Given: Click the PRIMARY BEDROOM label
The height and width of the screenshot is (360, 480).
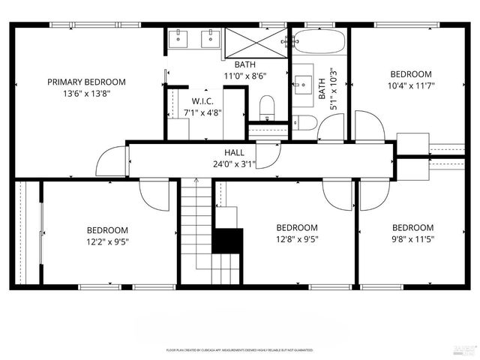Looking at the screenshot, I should point(86,82).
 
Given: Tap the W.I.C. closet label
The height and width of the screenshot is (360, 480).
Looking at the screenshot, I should point(204,101).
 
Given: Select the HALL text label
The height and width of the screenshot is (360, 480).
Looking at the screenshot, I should point(234,152).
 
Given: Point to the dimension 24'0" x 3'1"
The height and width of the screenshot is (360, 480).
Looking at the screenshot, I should point(234,163).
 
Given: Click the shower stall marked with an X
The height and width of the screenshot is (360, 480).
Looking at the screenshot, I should point(256,40).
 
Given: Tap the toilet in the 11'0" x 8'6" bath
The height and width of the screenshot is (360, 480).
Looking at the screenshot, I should point(267,107).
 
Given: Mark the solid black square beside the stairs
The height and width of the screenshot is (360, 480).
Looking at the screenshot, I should point(229,241).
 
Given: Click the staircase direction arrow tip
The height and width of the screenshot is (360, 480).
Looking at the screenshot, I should point(196,180).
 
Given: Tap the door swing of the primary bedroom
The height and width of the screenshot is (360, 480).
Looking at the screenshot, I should point(111,160).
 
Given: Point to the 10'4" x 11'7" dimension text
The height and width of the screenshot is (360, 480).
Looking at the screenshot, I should point(411,85).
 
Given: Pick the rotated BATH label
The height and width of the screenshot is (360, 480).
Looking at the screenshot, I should point(322,88).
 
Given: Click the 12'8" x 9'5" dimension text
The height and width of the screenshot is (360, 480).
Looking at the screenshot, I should point(296,240).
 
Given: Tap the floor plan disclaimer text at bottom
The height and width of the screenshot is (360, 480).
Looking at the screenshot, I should point(240,350).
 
